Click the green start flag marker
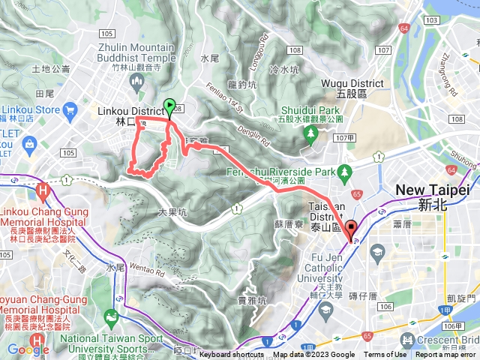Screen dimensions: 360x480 169,107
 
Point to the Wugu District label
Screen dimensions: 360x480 352,83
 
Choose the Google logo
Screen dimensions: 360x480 28,350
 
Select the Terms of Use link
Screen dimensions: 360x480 385,355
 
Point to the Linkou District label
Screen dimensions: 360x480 129,110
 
